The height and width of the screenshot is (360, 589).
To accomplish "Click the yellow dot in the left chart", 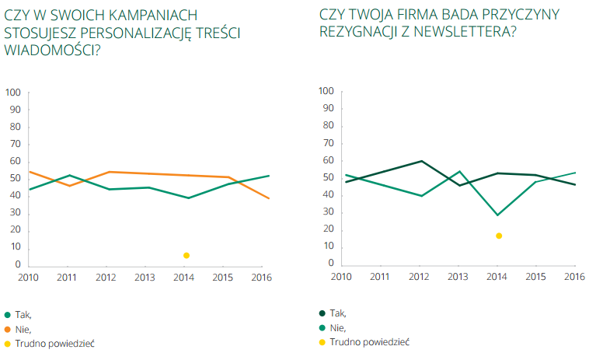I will click(x=186, y=255).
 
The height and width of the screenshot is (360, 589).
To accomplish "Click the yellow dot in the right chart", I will click(x=499, y=236).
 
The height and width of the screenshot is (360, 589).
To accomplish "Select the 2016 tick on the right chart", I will click(x=574, y=277).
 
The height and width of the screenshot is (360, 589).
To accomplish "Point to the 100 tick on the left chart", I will click(x=13, y=93).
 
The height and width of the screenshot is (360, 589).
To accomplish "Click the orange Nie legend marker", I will click(x=8, y=329).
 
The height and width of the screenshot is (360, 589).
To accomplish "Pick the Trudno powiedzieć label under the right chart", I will click(x=369, y=341).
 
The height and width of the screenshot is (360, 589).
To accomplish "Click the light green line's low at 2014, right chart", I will click(x=498, y=215).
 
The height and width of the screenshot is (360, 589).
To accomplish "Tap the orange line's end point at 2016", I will click(x=269, y=198).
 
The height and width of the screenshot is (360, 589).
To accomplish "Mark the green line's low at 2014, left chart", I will click(x=187, y=197).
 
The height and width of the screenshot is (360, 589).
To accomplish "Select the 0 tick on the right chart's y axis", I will click(x=331, y=264).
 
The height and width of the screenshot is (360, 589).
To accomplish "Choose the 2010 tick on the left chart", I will click(x=29, y=278).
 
